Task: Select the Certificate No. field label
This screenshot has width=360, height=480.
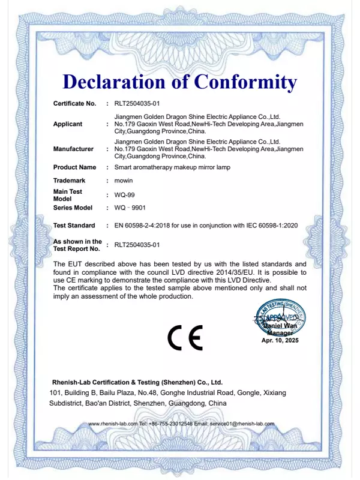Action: point(74,104)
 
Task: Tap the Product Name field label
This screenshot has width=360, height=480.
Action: point(74,167)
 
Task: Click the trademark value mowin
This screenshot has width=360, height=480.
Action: point(124,181)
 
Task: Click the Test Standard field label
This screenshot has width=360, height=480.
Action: point(74,226)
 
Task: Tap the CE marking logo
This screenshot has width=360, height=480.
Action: point(185,338)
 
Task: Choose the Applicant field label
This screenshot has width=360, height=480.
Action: point(68,124)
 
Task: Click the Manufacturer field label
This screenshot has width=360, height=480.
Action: point(73,149)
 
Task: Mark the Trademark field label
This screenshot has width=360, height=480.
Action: point(70,181)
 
